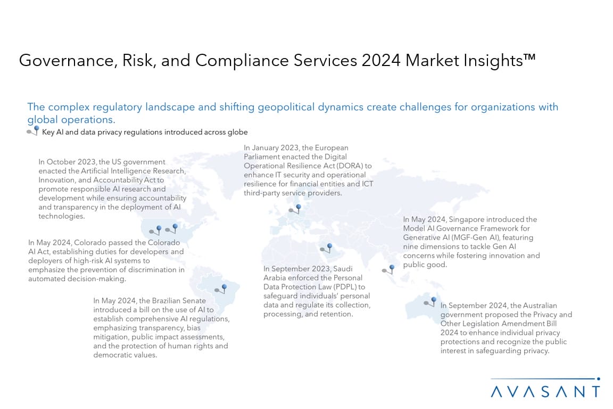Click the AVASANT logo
[x=545, y=388]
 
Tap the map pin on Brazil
[x=221, y=289]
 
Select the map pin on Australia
[x=430, y=301]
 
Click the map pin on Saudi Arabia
[x=326, y=248]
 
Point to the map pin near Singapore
[x=388, y=269]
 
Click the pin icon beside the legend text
[x=33, y=130]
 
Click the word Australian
[x=540, y=305]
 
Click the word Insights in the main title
[x=499, y=61]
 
